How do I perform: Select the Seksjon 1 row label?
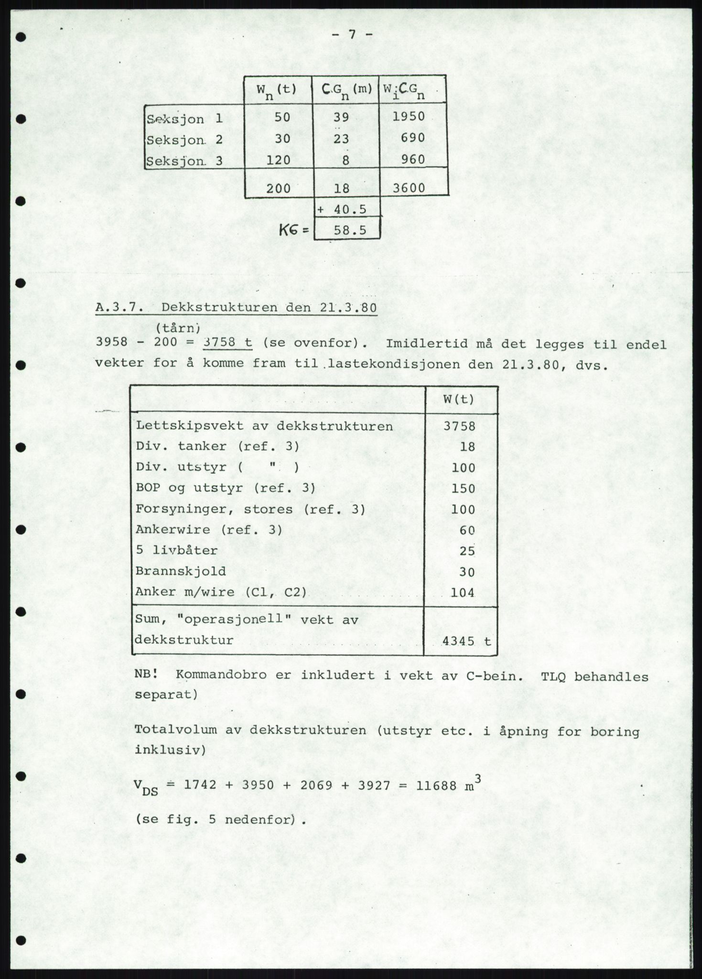(184, 119)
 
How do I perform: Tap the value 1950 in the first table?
(409, 117)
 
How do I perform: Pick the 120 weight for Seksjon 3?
(278, 160)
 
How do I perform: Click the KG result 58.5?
(350, 230)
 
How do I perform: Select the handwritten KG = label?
(294, 230)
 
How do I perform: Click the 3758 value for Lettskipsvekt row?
(459, 426)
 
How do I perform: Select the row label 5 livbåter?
(177, 550)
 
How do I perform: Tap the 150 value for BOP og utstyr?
(463, 489)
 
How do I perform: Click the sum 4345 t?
(466, 641)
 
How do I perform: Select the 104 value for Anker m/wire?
(463, 592)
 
